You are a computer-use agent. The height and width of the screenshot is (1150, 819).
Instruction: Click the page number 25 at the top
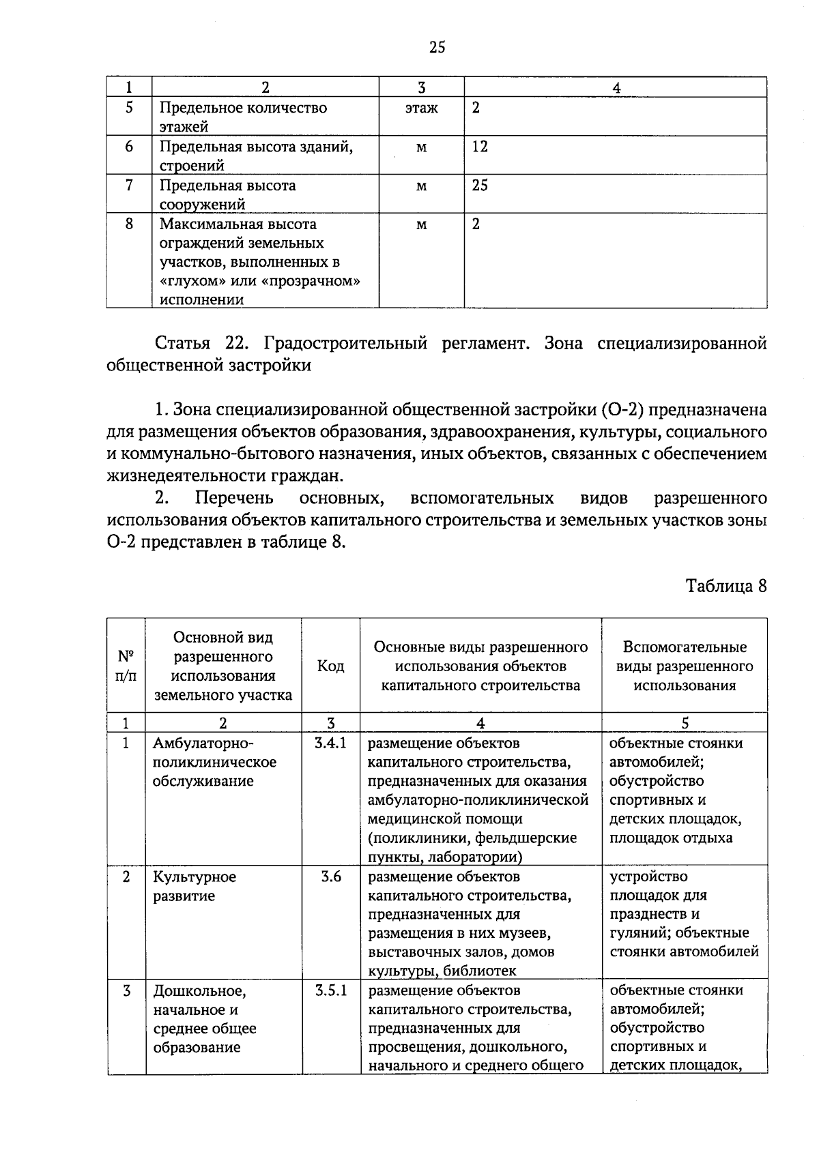(x=437, y=46)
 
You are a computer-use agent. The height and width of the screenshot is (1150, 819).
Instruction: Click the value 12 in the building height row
(x=480, y=147)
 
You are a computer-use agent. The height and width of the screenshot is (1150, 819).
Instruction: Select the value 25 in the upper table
(x=480, y=186)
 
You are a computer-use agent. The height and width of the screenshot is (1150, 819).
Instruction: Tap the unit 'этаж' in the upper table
(x=421, y=108)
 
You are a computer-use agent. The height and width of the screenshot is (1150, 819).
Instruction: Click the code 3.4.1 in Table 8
(x=331, y=743)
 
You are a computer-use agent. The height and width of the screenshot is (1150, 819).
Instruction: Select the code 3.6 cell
(x=331, y=876)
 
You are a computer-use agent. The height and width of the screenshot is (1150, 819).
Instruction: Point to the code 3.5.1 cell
(x=331, y=990)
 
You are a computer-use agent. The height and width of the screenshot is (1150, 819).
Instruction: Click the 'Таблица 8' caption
(x=726, y=586)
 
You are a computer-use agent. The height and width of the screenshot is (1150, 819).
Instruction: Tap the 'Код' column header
(x=331, y=666)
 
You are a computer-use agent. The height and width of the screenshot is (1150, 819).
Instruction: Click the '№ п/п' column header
(x=126, y=666)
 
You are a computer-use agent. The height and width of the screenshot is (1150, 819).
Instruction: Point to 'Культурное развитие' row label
(x=195, y=886)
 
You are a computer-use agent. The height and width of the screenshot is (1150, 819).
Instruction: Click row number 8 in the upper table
(x=129, y=224)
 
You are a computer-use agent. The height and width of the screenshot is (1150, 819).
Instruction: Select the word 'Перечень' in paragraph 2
(x=234, y=498)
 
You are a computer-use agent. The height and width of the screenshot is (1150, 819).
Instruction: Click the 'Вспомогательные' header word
(x=685, y=647)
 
